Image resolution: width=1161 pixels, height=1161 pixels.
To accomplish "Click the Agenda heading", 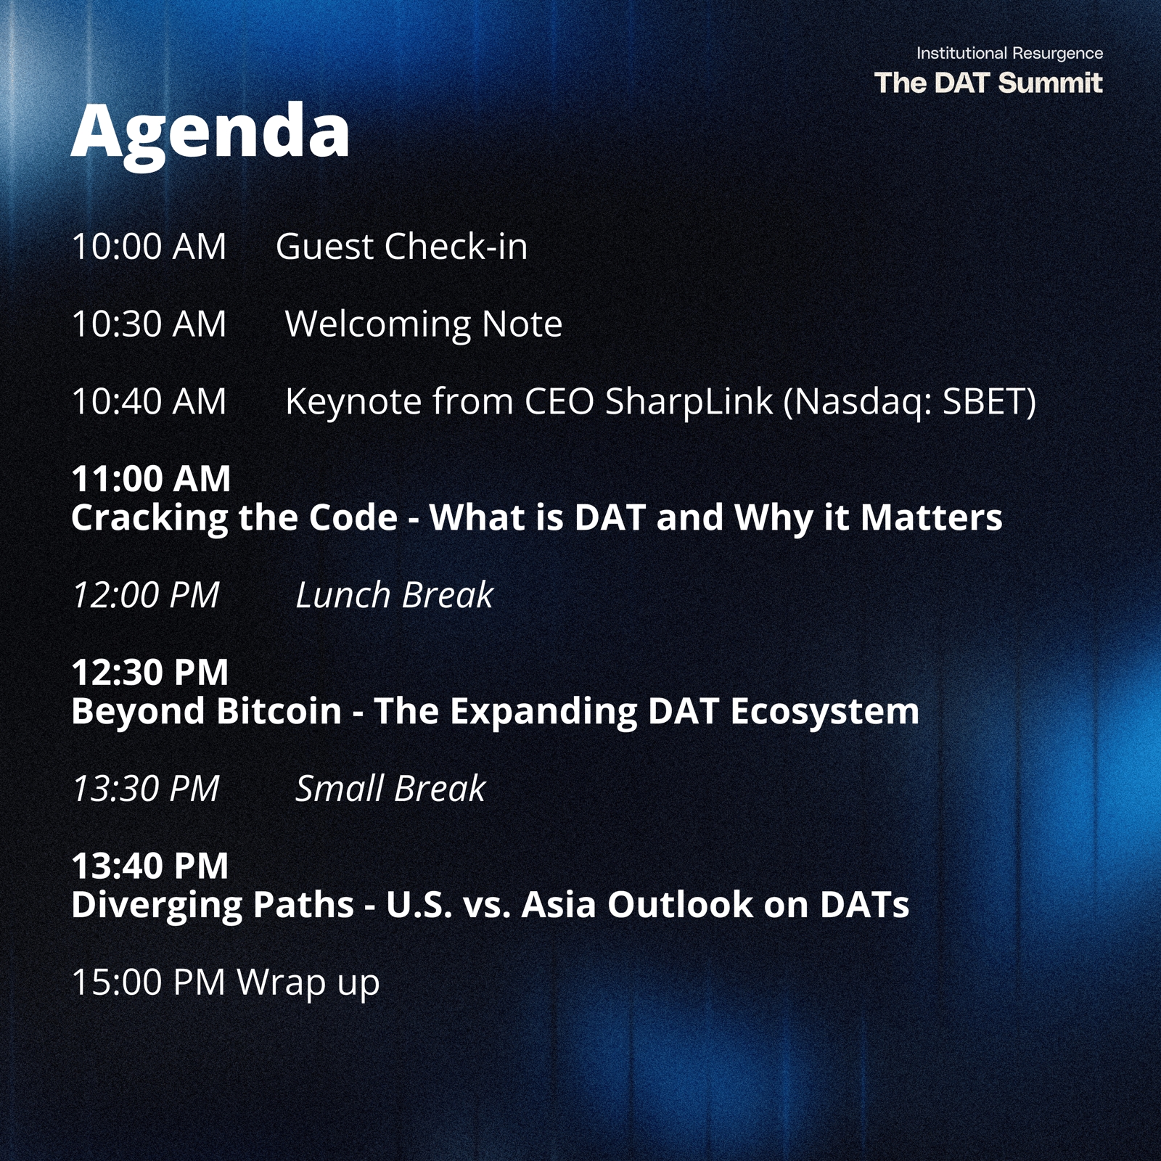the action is pyautogui.click(x=210, y=134).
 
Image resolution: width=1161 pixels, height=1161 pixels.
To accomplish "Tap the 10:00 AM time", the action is pyautogui.click(x=149, y=247).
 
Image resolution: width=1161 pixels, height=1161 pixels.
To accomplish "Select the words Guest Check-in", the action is pyautogui.click(x=401, y=247).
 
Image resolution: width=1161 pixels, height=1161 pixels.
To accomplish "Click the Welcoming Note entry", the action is pyautogui.click(x=424, y=324).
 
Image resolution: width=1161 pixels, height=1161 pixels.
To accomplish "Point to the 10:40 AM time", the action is pyautogui.click(x=149, y=401).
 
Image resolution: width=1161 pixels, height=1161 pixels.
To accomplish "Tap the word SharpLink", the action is pyautogui.click(x=689, y=401).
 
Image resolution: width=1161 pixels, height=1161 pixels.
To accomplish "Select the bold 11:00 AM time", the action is pyautogui.click(x=151, y=479).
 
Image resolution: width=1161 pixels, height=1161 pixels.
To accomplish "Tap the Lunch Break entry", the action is pyautogui.click(x=394, y=595).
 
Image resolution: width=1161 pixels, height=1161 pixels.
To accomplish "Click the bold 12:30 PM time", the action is pyautogui.click(x=150, y=673).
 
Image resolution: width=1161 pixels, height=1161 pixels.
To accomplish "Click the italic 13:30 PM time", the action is pyautogui.click(x=146, y=789).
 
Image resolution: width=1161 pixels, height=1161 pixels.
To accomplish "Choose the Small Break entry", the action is pyautogui.click(x=390, y=789).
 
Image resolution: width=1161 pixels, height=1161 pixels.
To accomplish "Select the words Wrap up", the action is pyautogui.click(x=308, y=983).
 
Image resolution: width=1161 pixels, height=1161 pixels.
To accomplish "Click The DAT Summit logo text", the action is pyautogui.click(x=988, y=83).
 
